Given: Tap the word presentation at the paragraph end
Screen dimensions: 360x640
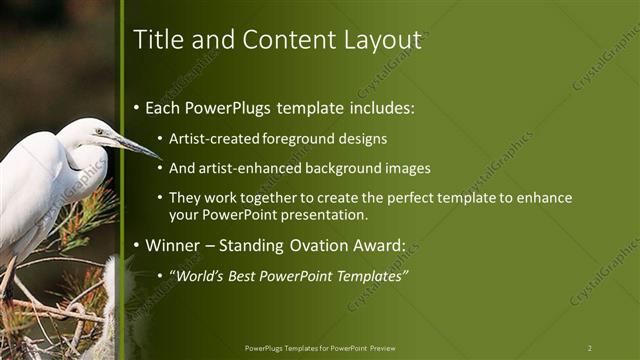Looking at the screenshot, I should point(332,214).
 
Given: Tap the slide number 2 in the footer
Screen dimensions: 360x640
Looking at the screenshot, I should point(589,348).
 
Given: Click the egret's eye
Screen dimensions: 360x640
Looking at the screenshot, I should point(99,131).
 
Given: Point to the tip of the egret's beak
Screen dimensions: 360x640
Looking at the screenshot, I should point(161,158).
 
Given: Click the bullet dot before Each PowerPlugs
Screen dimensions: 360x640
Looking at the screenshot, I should point(138,108).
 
